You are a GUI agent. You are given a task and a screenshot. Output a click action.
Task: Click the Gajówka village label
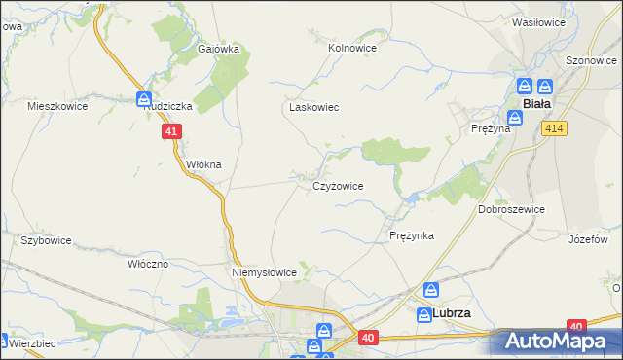coord(218,49)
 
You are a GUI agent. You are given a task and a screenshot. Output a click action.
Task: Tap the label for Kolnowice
coord(352,46)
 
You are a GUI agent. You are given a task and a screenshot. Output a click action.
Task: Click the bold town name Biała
coord(537,103)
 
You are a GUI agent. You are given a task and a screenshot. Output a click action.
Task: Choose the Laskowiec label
coord(312,107)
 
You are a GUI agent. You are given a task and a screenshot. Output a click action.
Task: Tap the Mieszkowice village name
coord(58,106)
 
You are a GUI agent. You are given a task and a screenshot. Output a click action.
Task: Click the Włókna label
coord(204,164)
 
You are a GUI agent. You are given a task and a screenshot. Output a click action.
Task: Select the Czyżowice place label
coord(338,185)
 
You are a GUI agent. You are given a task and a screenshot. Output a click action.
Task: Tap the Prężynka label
coord(411,235)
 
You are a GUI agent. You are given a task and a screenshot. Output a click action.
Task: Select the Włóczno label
coord(148,264)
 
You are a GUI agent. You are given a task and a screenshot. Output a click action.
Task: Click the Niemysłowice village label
coord(264,272)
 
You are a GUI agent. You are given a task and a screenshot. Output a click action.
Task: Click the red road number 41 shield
coord(171,131)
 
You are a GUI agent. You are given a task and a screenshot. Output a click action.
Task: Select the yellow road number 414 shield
coord(556,129)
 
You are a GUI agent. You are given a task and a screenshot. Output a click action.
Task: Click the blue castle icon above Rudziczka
coord(144,99)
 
